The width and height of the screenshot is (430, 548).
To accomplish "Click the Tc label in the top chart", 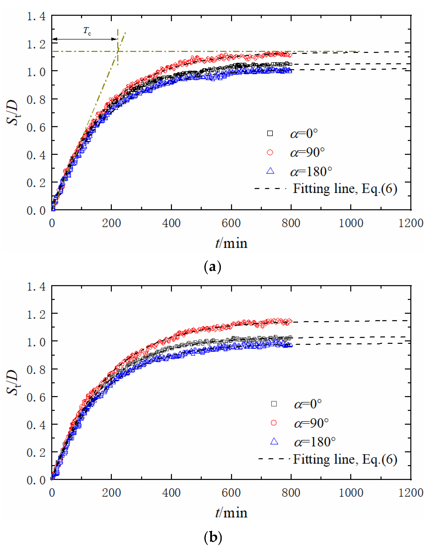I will pos(87,31).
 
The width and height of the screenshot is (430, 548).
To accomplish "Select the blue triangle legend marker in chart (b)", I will pos(274,442).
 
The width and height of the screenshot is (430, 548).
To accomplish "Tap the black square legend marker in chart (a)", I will pos(270,133).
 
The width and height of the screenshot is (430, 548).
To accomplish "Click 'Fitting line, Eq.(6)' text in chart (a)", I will pos(345,189).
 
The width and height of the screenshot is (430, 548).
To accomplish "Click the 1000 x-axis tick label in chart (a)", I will pos(351,223).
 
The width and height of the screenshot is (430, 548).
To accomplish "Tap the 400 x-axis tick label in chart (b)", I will pos(171,493).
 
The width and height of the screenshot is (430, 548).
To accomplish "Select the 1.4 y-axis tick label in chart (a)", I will pos(36,17).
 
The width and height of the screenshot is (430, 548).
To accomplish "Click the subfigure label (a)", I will pos(213,267).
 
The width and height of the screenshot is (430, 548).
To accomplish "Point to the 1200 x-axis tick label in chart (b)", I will pos(410,493).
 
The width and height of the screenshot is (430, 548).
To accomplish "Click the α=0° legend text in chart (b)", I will pos(308,404).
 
